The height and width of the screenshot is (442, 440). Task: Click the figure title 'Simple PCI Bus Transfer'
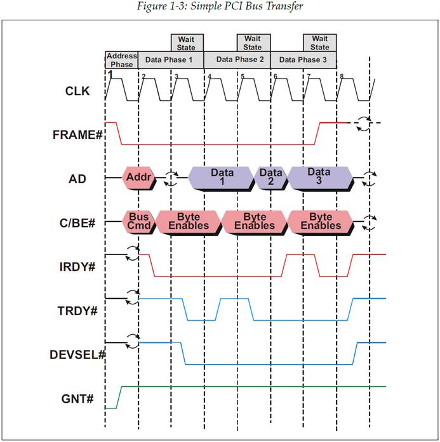220,7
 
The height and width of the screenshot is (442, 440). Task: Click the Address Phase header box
121,60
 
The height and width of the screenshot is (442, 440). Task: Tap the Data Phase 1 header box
171,60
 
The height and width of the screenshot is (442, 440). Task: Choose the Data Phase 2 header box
237,60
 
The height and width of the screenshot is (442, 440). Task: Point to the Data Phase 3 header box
303,60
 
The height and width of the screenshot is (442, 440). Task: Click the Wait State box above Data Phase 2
253,42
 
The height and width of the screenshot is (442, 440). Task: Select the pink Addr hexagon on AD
139,178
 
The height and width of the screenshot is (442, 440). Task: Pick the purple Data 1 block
222,178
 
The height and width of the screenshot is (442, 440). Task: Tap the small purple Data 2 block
271,178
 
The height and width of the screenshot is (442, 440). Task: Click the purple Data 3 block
319,178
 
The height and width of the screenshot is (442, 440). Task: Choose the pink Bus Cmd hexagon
138,221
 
